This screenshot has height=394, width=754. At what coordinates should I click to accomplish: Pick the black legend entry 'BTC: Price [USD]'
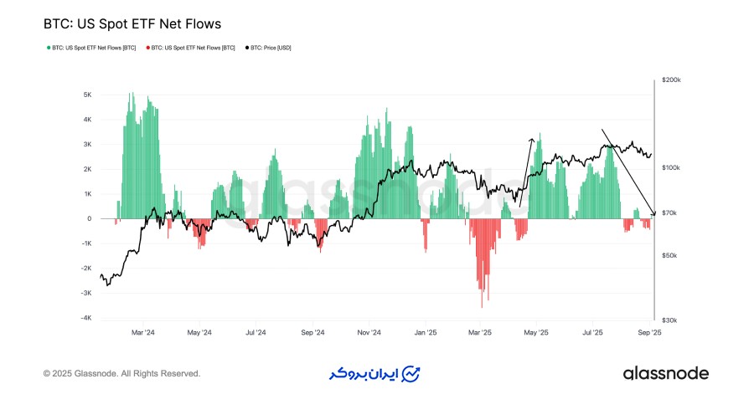[270, 48]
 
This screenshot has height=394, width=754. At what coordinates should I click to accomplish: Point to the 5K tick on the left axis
[86, 95]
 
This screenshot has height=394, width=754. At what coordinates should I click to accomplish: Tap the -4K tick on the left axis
[86, 318]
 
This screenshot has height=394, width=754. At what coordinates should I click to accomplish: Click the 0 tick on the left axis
[90, 218]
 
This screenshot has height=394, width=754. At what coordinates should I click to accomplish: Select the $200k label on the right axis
[671, 80]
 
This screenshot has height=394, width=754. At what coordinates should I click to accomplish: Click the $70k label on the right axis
[669, 214]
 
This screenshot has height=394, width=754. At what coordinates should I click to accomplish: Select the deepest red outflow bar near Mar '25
[482, 306]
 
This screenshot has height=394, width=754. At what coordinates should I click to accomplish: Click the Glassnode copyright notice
[121, 373]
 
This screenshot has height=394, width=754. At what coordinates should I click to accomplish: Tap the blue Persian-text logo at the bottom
[373, 373]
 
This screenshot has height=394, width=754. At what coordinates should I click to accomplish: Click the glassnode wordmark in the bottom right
[666, 373]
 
